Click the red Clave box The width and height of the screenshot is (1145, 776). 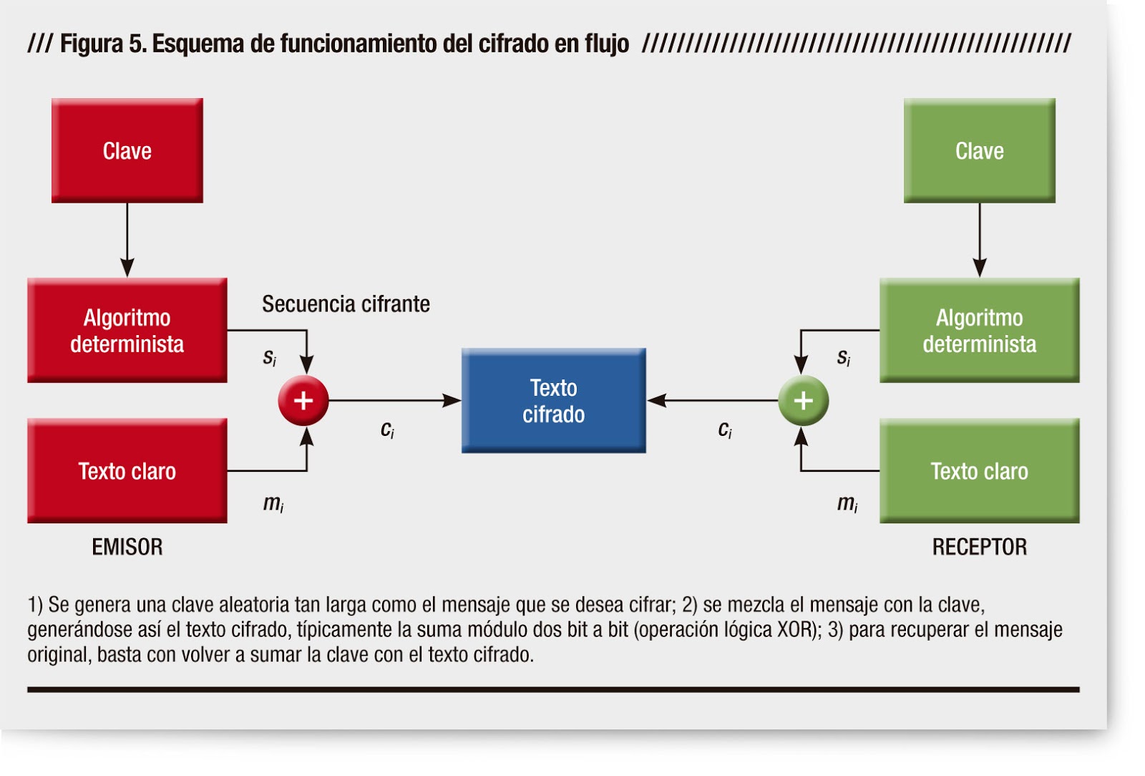point(127,150)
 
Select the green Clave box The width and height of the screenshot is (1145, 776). point(980,150)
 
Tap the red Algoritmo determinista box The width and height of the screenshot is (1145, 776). point(127,330)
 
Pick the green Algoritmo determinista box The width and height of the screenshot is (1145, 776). point(980,330)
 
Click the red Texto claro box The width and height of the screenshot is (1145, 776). point(127,471)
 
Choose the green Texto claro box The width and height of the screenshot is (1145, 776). point(980,471)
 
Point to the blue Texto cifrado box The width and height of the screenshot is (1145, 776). point(554,401)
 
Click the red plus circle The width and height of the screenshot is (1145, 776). point(303,401)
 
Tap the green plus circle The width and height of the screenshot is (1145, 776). point(803,401)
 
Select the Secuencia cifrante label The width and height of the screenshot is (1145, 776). point(346,304)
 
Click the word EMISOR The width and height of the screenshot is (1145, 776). point(127,547)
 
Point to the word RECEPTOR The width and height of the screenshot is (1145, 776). point(980,547)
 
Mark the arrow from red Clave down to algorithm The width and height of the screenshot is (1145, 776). point(127,241)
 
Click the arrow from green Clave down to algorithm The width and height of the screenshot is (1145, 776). point(980,241)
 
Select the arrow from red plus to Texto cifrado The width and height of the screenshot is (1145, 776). point(394,401)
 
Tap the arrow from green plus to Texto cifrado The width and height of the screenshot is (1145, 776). point(712,401)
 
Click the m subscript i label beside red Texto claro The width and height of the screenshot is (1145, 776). point(273,503)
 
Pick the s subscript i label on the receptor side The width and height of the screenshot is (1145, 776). point(844,357)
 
